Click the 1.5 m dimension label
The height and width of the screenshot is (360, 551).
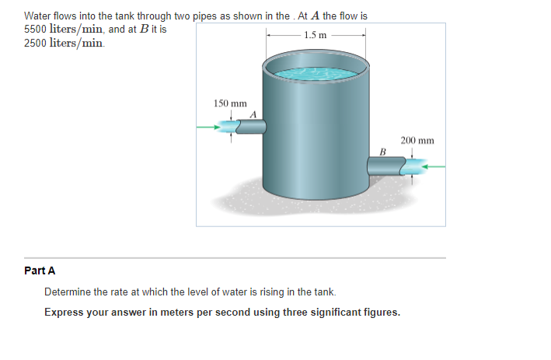[x=316, y=35]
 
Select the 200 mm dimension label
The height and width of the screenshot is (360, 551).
[x=417, y=141]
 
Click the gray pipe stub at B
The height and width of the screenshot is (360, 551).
[x=386, y=165]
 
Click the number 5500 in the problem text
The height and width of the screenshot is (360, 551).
[x=36, y=29]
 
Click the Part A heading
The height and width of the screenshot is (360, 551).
[x=40, y=271]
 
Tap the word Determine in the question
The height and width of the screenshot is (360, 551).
[x=68, y=292]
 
